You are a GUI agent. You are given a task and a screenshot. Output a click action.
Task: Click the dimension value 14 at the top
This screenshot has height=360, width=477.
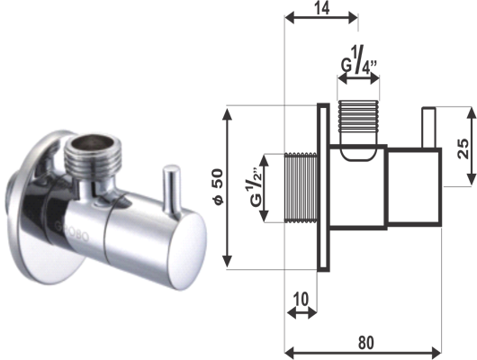[322, 8]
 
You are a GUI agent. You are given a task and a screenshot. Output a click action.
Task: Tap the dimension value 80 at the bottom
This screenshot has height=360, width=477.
[365, 343]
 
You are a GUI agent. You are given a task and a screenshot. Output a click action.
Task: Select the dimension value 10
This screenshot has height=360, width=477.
[301, 299]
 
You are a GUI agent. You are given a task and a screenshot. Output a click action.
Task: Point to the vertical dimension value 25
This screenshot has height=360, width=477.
[463, 148]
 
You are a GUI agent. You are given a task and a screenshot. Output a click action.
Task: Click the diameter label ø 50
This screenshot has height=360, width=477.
[219, 187]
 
